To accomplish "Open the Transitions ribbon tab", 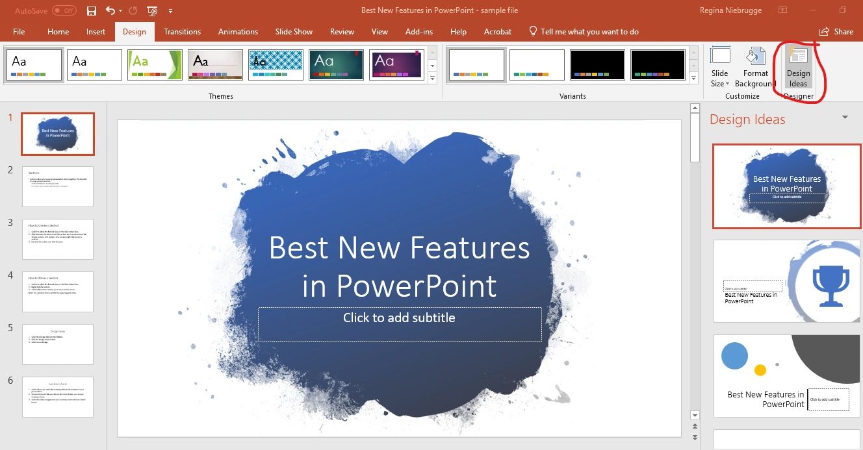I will coord(182,31).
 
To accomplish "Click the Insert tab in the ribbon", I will coord(96,31).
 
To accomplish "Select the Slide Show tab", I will coord(294,31).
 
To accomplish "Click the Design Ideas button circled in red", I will coord(798,68).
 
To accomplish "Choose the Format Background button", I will coord(755,68).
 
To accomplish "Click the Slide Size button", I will coord(720,68).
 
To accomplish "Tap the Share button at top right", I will coord(836,31).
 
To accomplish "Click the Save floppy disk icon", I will coord(92,11).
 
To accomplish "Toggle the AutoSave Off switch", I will coord(64,11).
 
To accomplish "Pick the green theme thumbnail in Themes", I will coord(155,65).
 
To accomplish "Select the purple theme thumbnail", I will coord(396,65).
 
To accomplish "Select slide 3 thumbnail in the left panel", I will coord(58,239).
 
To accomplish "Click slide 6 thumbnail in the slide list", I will coord(58,397).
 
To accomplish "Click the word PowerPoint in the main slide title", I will coord(416,286).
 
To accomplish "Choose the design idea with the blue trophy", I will coord(786,281).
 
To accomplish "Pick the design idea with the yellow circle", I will coord(786,375).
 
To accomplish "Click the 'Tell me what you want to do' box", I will coord(589,31).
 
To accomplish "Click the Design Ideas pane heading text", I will coord(747,119).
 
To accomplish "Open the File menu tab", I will coord(19,31).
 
